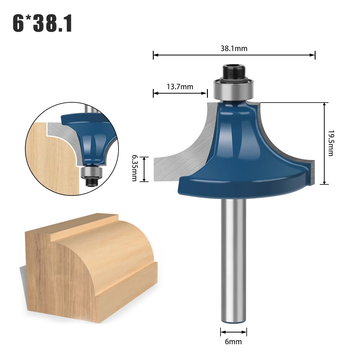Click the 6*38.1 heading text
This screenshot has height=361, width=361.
(42, 23)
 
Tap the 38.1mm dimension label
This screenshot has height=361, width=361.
(234, 48)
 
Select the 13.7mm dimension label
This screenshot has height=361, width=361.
(180, 87)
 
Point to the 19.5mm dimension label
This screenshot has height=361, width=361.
(330, 143)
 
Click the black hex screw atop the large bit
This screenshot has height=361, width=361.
(233, 73)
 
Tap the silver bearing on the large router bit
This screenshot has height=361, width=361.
(234, 89)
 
